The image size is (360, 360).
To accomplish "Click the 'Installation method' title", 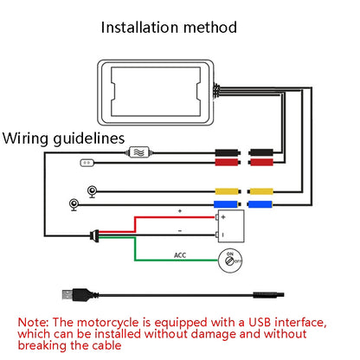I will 169,27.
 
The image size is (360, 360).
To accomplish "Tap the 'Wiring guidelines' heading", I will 64,138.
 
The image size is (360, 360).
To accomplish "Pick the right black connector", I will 260,151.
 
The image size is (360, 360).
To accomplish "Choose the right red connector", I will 260,162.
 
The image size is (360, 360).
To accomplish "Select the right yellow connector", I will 260,191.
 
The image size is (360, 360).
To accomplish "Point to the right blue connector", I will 260,205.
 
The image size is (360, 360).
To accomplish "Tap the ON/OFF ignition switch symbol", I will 231,260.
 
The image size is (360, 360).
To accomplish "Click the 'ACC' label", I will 181,255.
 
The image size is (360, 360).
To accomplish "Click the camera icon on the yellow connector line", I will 91,191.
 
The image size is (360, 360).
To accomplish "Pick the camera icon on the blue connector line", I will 75,205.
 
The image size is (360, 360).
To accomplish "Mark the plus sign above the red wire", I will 180,211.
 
